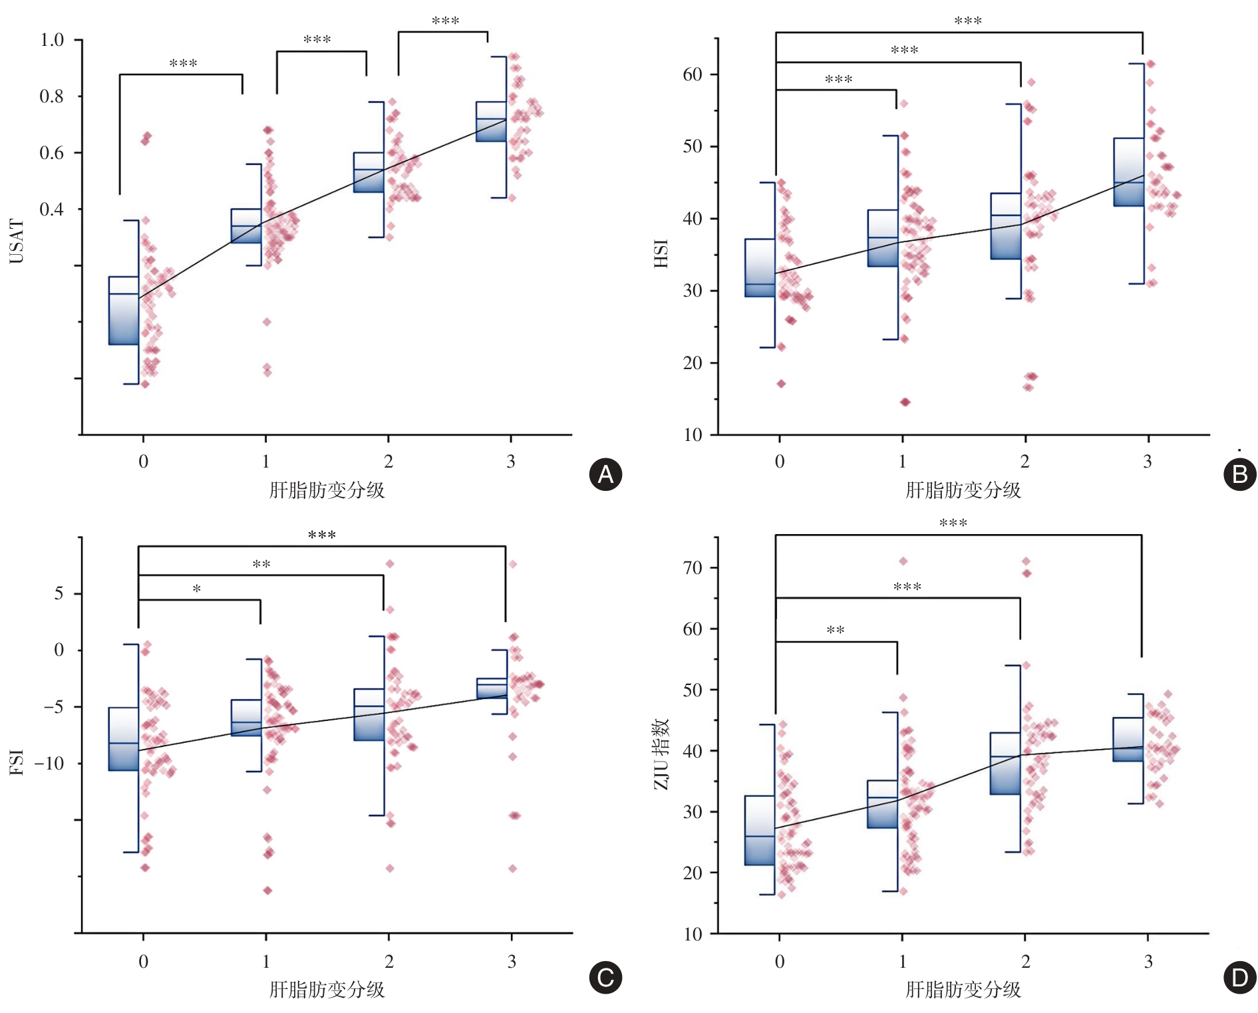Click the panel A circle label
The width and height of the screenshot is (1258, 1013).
tap(605, 474)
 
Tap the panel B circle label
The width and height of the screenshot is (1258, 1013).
tap(1239, 474)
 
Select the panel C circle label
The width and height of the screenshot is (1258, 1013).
tap(605, 977)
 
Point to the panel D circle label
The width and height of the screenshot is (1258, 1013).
tap(1239, 977)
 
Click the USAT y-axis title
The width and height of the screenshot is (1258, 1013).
tap(17, 241)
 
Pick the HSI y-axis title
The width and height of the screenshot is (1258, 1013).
tap(661, 254)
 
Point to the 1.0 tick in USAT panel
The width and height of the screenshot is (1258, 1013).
tap(52, 40)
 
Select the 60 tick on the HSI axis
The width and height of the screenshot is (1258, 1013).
tap(693, 74)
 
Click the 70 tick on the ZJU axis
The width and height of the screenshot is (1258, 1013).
tap(693, 568)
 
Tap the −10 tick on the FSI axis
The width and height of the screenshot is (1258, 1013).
tap(49, 763)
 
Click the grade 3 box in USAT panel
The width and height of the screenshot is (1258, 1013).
tap(491, 122)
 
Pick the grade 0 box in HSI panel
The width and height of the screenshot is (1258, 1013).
tap(760, 267)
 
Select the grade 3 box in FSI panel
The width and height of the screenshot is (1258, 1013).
tap(492, 688)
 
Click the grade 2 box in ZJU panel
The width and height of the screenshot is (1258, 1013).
tap(1005, 764)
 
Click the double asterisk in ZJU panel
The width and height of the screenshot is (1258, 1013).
tap(836, 630)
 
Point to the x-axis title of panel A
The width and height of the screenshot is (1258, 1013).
tap(327, 490)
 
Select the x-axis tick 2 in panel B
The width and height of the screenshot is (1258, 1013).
tap(1024, 461)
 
